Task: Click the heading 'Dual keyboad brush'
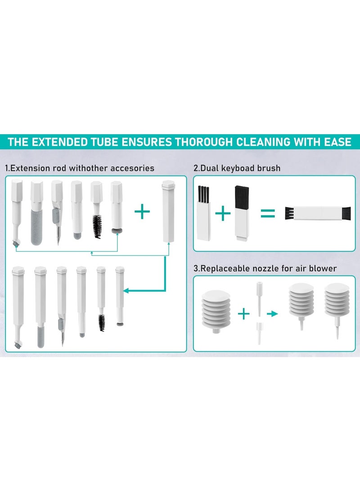tap(237, 168)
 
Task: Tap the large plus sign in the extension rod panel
tap(142, 211)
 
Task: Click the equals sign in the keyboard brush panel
tap(268, 213)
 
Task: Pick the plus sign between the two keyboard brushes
tap(222, 213)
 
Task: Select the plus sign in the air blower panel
tap(243, 314)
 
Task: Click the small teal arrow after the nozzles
tap(272, 314)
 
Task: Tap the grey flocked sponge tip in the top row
tap(36, 227)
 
